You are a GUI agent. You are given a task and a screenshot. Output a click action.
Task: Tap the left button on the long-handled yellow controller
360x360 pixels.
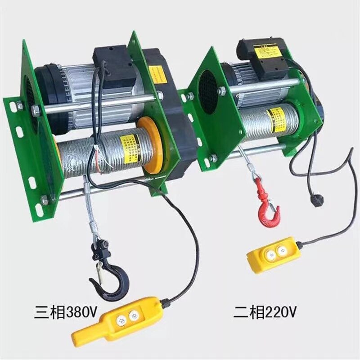pyautogui.click(x=120, y=319)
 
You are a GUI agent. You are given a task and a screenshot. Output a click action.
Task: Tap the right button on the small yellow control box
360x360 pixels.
pyautogui.click(x=283, y=249)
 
